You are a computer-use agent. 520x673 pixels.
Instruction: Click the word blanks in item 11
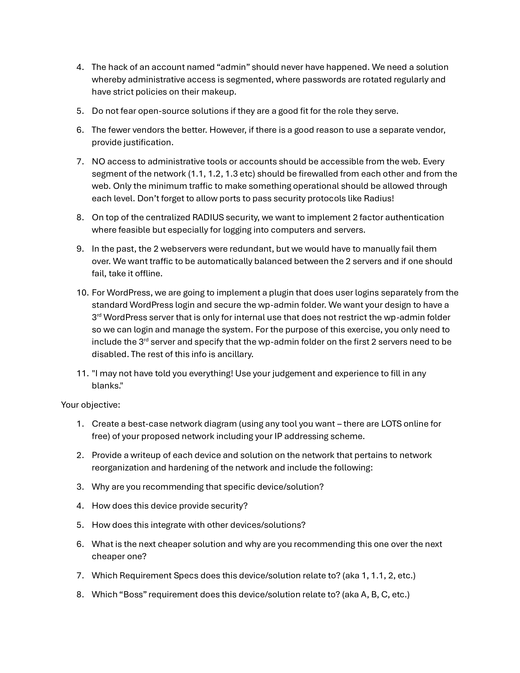click(107, 386)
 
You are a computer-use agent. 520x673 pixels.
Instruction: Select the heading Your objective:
click(91, 405)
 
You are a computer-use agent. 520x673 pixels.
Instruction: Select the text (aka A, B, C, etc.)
click(375, 595)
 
